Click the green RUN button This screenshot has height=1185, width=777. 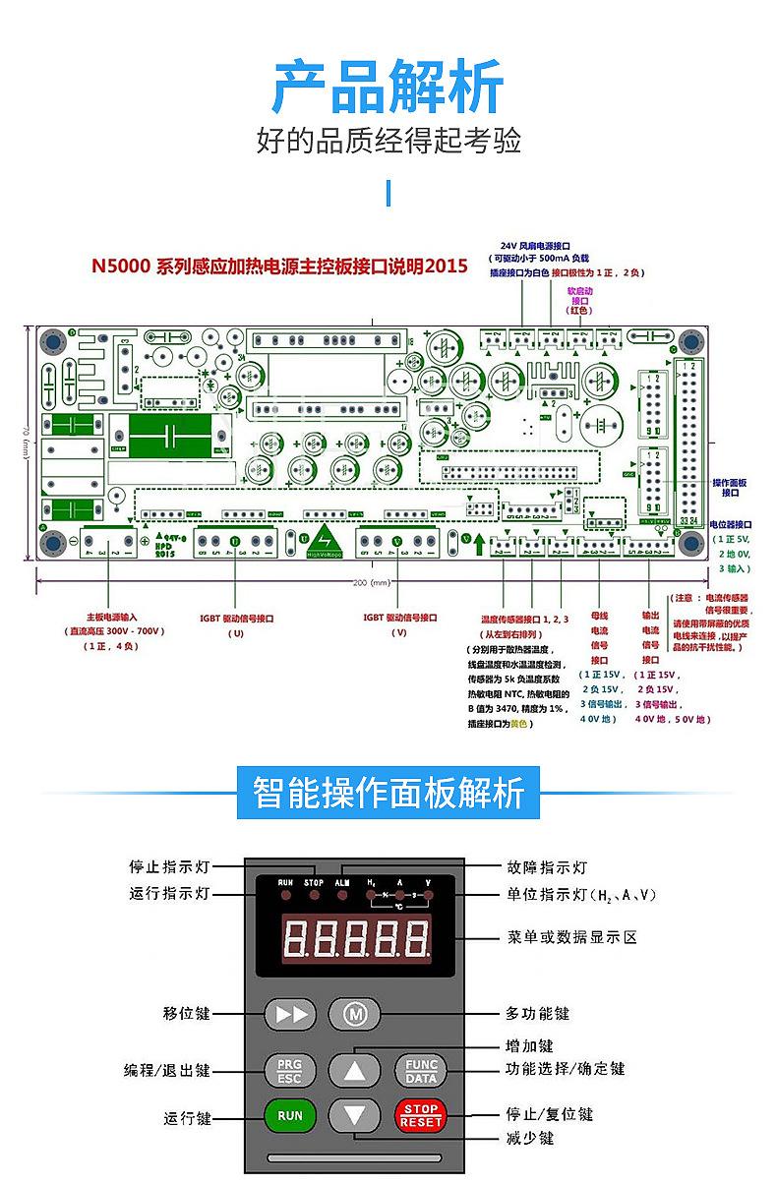(289, 1115)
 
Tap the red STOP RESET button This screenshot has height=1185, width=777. (421, 1115)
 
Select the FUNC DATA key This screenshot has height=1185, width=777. (421, 1071)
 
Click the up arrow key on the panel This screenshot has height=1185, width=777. (354, 1071)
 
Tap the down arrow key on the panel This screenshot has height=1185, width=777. (354, 1115)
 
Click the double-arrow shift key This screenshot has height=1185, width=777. (291, 1013)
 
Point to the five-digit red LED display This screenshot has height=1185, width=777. (356, 937)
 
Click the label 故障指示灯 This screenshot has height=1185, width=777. (547, 867)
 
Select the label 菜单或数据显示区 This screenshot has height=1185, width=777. (572, 937)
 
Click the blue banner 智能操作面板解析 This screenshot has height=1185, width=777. (388, 793)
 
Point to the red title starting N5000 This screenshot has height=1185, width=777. (279, 267)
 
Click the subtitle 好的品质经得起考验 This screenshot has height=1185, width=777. (388, 141)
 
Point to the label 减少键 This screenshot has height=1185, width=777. (530, 1138)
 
